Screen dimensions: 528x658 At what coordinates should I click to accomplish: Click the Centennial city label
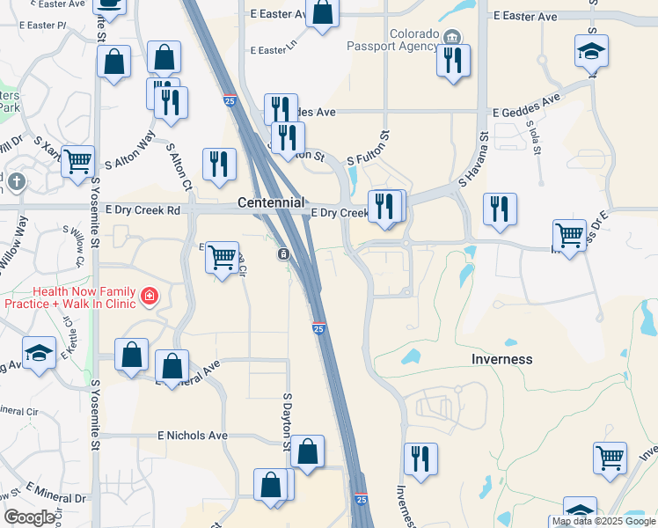271,203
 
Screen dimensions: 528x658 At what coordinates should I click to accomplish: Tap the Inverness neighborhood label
502,359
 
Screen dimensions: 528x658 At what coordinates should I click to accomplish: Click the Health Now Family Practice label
72,297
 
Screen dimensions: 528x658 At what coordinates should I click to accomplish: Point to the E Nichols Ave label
193,436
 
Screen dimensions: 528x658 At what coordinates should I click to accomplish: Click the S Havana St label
472,160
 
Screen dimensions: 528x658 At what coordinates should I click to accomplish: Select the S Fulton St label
368,149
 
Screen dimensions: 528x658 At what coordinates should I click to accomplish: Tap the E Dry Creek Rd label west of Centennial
142,210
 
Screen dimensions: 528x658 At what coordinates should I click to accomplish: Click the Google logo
29,517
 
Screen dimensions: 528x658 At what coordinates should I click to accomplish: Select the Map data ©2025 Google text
603,522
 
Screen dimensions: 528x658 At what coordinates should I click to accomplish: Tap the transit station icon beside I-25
284,254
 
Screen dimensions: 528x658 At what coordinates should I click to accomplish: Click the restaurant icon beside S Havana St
499,209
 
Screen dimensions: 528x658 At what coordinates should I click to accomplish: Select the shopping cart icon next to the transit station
223,257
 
